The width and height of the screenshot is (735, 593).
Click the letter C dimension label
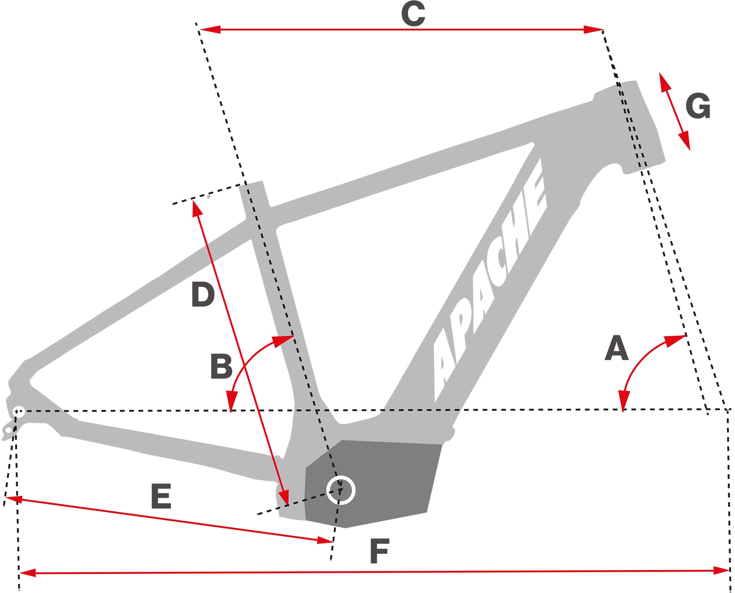point(413,14)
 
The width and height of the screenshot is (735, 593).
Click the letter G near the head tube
point(698,106)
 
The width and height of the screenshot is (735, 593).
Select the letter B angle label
point(221,367)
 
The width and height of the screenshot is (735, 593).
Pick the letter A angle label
point(617,348)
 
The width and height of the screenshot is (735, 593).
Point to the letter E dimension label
point(161,496)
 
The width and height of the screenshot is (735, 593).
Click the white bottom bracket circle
point(341,490)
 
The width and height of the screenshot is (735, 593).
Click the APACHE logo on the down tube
point(490,278)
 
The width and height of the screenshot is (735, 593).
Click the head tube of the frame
point(639,128)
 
